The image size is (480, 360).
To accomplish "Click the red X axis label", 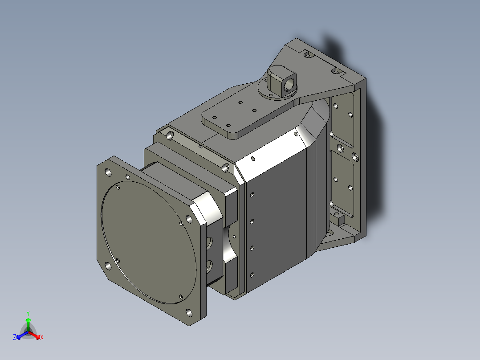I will [x=42, y=338].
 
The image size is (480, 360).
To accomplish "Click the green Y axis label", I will [x=28, y=313].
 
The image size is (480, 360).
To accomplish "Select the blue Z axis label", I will [x=15, y=337].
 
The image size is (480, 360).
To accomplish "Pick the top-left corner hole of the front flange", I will [x=108, y=172].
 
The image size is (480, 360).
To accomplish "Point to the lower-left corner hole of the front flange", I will [x=108, y=266].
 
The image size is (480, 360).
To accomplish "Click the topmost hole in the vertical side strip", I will [x=252, y=195].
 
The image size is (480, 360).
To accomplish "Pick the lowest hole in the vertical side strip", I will [x=252, y=274].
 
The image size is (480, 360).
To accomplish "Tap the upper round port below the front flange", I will [x=209, y=244].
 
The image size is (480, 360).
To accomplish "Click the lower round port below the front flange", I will [x=209, y=266].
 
